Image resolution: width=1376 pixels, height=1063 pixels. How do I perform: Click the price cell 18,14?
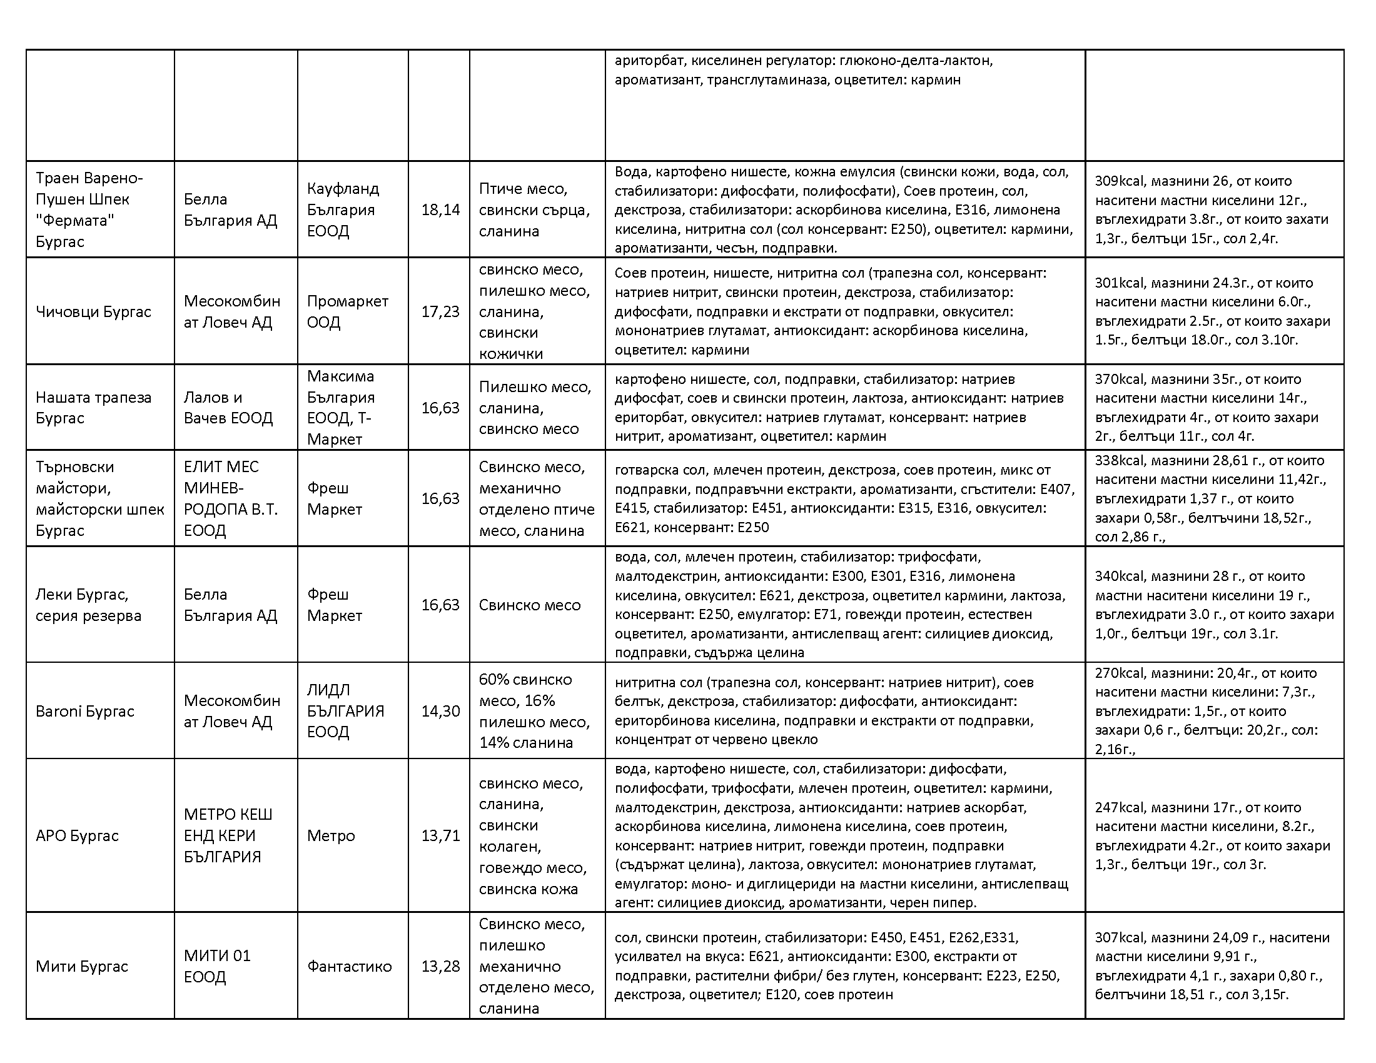click(440, 209)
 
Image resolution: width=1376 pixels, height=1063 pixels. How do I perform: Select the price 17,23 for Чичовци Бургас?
click(440, 312)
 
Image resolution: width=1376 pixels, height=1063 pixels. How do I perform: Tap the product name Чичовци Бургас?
click(93, 312)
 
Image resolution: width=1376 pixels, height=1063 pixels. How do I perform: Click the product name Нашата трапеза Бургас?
click(93, 408)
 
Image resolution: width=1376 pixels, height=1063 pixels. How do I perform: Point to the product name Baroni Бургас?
click(85, 711)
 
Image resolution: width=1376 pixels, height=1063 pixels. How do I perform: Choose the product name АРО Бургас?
click(77, 835)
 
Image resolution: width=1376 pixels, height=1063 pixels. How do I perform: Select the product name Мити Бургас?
click(82, 966)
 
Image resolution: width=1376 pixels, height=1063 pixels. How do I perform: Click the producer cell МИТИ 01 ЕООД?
click(218, 966)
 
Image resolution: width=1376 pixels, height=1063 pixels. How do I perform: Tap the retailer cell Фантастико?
click(349, 966)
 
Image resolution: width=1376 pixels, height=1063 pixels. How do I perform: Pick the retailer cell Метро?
click(331, 835)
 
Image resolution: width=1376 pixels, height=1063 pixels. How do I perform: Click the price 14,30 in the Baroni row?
click(440, 711)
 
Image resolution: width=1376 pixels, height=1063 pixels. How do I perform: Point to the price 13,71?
click(440, 835)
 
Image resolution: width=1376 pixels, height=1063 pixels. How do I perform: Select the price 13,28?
click(440, 966)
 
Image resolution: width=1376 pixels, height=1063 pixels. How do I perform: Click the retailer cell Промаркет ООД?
click(347, 312)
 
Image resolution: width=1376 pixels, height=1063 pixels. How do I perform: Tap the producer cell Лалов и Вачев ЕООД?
click(228, 408)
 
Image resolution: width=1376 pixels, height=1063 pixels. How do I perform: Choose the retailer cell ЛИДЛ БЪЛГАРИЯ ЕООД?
click(345, 711)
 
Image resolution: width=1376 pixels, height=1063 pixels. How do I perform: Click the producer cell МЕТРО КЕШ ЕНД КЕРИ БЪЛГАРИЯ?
click(228, 835)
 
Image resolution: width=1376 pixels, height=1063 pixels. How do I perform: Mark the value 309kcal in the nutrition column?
click(1119, 181)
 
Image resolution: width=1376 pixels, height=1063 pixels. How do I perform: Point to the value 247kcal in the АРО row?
click(1119, 807)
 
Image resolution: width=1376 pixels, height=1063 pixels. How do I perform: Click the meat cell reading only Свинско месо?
click(529, 605)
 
